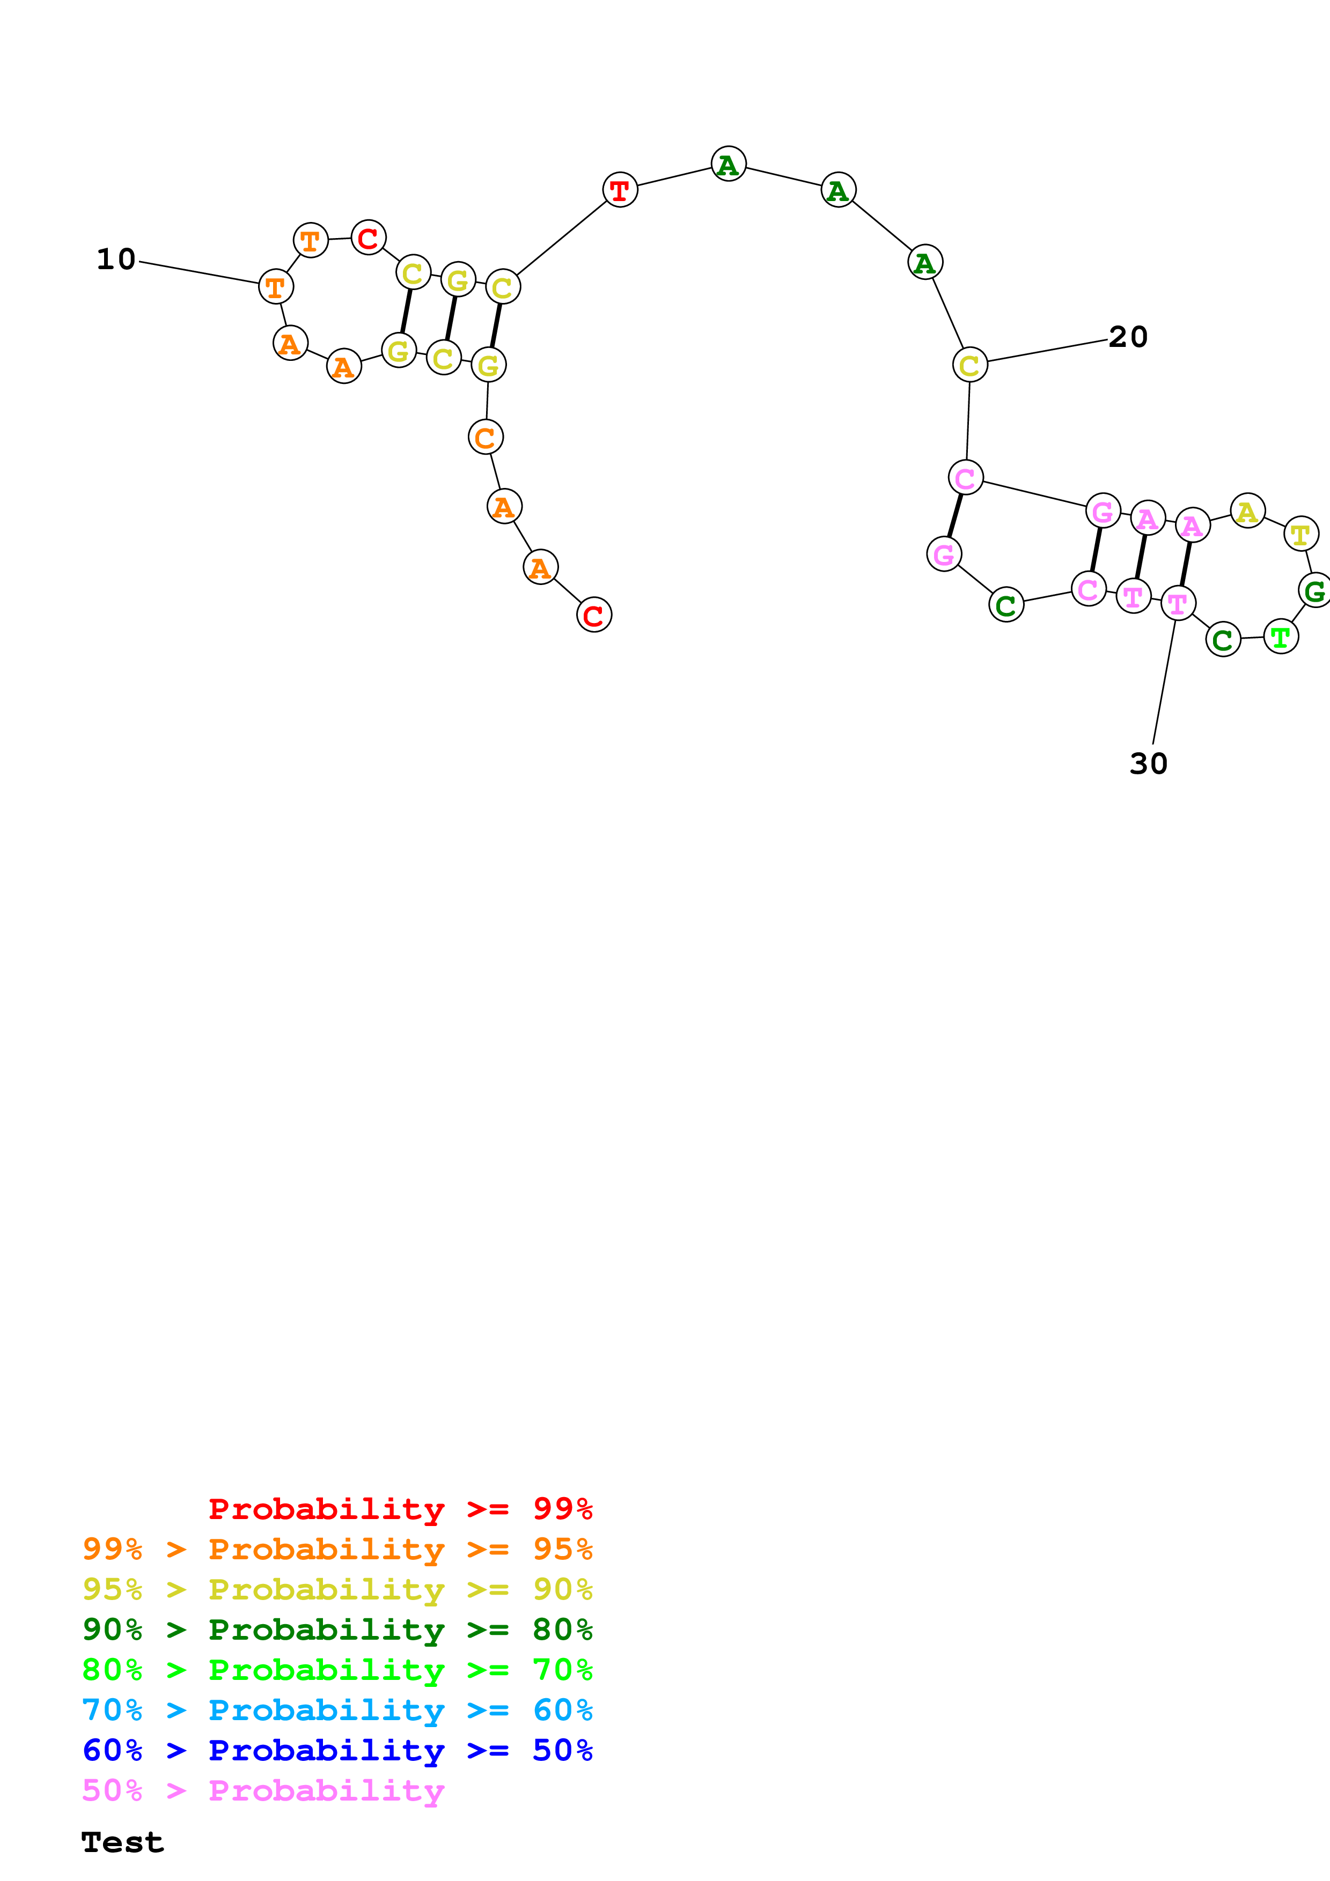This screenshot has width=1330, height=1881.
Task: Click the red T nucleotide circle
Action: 620,190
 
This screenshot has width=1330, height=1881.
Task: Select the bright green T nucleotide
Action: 1280,636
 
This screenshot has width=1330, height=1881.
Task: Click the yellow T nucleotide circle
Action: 1300,534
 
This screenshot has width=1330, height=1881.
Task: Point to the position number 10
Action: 115,259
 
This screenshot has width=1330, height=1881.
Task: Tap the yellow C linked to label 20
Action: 969,365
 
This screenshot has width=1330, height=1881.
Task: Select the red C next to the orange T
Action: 368,238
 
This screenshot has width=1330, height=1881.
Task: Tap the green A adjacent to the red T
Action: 728,165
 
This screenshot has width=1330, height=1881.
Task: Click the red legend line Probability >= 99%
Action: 400,1509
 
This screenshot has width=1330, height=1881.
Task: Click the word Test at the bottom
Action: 122,1842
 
